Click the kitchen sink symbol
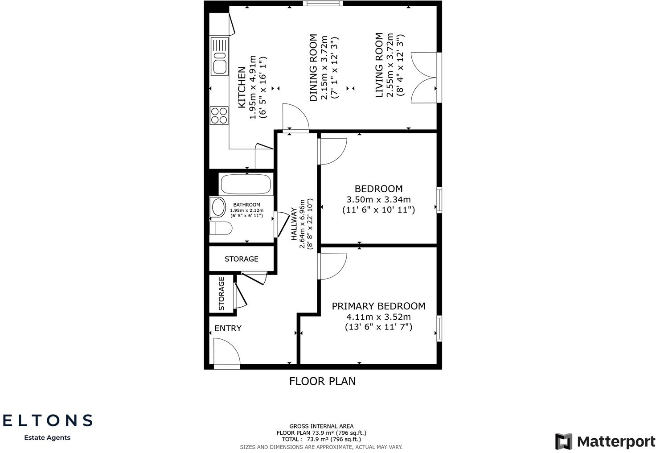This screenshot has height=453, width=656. tap(219, 56)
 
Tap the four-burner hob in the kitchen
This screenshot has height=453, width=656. tap(219, 115)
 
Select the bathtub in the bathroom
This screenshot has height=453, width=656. tap(246, 184)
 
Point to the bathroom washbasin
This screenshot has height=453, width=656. tap(218, 207)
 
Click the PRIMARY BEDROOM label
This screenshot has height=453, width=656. tap(378, 306)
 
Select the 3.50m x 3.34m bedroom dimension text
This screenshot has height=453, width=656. tap(378, 200)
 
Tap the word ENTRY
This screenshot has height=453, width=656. tap(228, 328)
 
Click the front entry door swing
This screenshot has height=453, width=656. tap(226, 352)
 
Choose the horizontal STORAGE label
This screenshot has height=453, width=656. tap(241, 259)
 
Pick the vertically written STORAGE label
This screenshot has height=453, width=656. tap(221, 293)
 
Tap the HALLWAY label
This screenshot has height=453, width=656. tap(294, 224)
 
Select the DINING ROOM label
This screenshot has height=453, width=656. tap(313, 68)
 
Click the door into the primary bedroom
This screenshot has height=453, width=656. tap(332, 266)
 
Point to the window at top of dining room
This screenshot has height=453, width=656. tap(323, 4)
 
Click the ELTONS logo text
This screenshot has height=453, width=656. tap(47, 420)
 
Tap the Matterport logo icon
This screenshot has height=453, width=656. tap(563, 441)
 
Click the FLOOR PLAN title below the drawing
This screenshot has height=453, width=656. tap(322, 381)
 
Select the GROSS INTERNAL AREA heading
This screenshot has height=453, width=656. tap(321, 426)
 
